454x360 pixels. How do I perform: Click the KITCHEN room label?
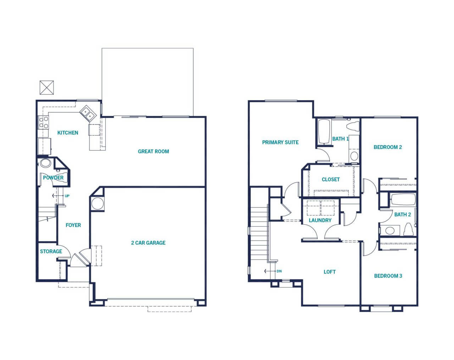coord(68,132)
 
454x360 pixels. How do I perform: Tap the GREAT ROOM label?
coord(153,151)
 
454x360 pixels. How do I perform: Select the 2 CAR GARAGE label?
coord(148,243)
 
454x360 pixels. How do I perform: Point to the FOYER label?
coord(73,225)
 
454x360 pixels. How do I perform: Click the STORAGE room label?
coord(51,251)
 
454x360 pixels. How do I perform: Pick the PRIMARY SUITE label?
coord(280,142)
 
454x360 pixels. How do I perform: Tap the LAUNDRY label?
coord(320,220)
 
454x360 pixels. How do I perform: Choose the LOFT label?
coord(330,272)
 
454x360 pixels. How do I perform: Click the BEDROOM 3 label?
coord(388,276)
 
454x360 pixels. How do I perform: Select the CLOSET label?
coord(331,179)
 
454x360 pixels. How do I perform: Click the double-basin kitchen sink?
coord(88,113)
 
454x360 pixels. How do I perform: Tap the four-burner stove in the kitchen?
coord(44,123)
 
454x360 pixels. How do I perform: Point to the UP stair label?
coord(67,196)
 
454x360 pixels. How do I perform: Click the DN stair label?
coord(279,271)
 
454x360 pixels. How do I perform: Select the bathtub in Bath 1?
coord(324,132)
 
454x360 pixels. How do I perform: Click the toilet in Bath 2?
coord(408,229)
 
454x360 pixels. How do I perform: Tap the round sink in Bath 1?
coord(354,156)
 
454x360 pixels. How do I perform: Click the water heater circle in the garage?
coord(98,203)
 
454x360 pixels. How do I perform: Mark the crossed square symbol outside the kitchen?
coord(47,88)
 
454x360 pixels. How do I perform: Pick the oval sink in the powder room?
coord(45,163)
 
